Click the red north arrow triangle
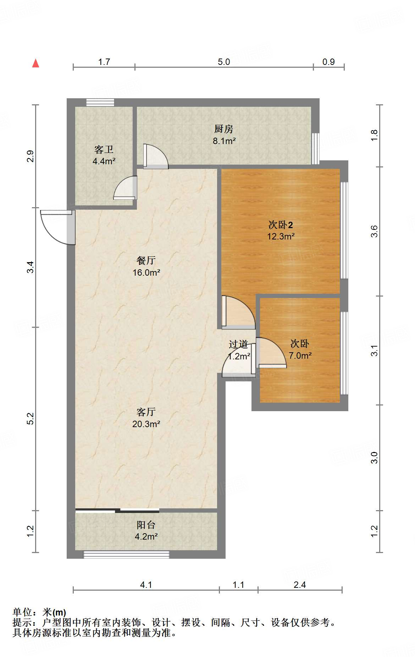tap(35, 63)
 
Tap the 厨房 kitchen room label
tap(224, 129)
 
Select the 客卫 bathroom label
tap(104, 149)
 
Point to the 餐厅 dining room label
tap(146, 260)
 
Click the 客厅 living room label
tap(146, 412)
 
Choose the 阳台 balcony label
tap(146, 525)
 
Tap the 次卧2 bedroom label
tap(281, 225)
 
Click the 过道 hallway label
tap(238, 344)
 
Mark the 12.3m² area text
tap(281, 236)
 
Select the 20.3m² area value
tap(146, 424)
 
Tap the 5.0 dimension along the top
tap(224, 62)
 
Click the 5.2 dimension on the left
tap(31, 419)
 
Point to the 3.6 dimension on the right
tap(374, 232)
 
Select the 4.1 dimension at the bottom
tap(146, 585)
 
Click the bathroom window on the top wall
tap(100, 102)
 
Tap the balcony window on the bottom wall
tap(126, 554)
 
